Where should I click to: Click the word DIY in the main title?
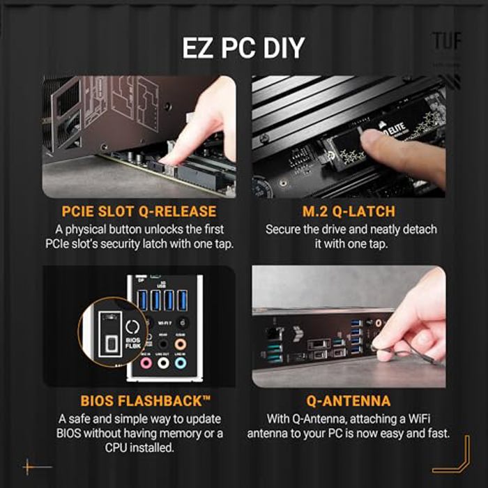pyautogui.click(x=282, y=47)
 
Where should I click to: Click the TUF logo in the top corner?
pyautogui.click(x=446, y=41)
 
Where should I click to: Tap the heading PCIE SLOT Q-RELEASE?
pyautogui.click(x=139, y=211)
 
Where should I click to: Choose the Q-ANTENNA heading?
pyautogui.click(x=349, y=401)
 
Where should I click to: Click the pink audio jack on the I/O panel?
pyautogui.click(x=146, y=363)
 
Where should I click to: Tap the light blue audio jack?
pyautogui.click(x=181, y=363)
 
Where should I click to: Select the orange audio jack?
pyautogui.click(x=181, y=344)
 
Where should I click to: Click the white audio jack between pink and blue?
pyautogui.click(x=164, y=363)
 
